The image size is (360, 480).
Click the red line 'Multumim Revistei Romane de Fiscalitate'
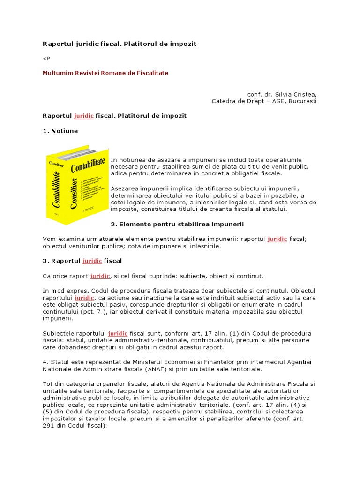[x=105, y=73]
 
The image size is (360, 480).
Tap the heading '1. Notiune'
[x=60, y=131]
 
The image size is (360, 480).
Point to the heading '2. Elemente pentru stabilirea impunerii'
[x=177, y=224]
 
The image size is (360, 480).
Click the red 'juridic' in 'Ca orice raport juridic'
[x=100, y=276]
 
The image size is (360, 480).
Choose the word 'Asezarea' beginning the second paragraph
[x=124, y=188]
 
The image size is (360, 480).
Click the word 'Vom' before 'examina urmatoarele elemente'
[x=49, y=239]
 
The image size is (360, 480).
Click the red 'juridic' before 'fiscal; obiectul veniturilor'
[x=277, y=239]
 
